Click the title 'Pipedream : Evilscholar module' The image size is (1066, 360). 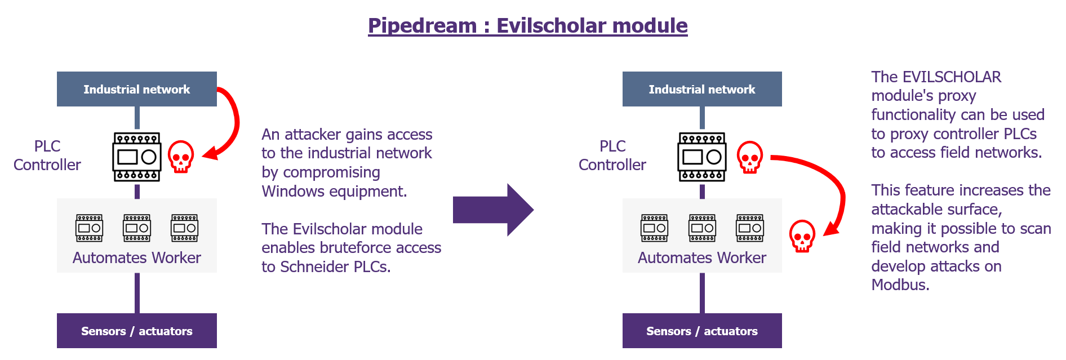528,26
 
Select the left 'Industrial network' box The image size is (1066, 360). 137,89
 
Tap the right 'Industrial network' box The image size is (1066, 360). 702,89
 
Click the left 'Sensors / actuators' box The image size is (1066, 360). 137,331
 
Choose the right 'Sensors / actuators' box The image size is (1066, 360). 702,331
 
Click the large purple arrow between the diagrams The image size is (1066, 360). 493,210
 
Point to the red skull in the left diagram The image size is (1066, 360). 181,157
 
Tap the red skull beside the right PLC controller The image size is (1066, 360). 750,157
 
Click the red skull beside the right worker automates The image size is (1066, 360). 802,235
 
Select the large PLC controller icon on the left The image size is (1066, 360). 137,157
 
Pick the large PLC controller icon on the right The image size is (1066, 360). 702,157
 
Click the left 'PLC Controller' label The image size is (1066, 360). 47,155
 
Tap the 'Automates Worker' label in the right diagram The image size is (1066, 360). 702,257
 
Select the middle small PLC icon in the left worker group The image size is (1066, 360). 137,228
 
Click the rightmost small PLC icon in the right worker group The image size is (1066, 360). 750,228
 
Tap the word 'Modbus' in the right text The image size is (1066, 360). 898,285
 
